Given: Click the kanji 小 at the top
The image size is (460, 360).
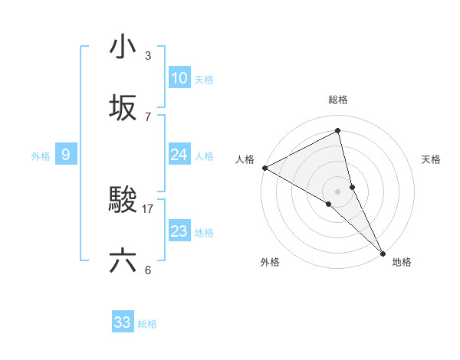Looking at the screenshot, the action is [x=123, y=47].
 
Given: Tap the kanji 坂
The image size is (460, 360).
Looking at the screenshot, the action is [x=123, y=107].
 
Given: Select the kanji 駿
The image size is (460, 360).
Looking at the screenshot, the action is [x=123, y=201].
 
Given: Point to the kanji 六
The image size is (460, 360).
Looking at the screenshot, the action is [x=123, y=260].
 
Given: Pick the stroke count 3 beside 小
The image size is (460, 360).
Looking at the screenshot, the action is [x=148, y=56].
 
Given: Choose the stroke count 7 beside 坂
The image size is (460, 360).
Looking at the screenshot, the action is [x=148, y=116].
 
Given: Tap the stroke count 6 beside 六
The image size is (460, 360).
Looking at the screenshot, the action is [x=148, y=270].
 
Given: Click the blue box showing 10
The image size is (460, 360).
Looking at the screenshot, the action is [x=179, y=78].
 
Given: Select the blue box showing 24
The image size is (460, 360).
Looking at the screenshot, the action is [x=179, y=155].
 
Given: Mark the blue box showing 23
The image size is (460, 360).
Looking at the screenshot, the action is [x=179, y=231].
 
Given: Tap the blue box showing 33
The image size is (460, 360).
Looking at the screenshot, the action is [x=123, y=322].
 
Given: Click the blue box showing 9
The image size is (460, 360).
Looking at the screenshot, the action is [x=66, y=155].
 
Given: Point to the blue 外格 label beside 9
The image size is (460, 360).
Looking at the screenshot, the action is [x=41, y=155].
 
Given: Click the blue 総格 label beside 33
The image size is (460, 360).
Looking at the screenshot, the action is [x=147, y=324].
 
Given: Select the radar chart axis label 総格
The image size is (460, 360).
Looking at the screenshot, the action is [x=338, y=100].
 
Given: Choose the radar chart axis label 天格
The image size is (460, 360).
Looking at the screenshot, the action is [x=431, y=159].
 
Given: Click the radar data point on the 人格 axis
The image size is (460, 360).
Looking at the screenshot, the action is [x=264, y=168].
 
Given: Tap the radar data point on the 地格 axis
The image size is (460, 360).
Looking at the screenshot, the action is [x=383, y=251].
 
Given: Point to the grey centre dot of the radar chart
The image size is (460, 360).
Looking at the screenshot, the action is [x=338, y=191].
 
